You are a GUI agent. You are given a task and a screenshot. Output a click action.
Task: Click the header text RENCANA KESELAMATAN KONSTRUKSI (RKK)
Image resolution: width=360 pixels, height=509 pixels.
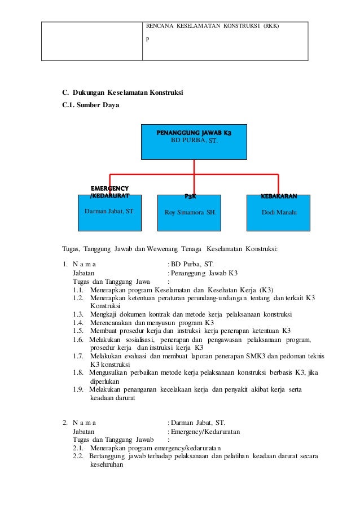click(213, 27)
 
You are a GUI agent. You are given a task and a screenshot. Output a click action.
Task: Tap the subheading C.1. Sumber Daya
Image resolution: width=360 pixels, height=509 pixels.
click(91, 105)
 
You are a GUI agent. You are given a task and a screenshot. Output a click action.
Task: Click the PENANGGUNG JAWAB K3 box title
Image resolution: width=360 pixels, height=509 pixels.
click(194, 132)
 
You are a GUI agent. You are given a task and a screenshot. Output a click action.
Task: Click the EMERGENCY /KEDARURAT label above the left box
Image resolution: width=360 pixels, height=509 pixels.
click(109, 192)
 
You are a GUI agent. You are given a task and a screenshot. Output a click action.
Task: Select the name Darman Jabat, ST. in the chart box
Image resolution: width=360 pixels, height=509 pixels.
click(109, 212)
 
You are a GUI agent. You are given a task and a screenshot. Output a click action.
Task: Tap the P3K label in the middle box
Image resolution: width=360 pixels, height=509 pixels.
click(190, 196)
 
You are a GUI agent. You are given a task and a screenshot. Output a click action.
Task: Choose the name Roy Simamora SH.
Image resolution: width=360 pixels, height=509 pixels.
click(190, 213)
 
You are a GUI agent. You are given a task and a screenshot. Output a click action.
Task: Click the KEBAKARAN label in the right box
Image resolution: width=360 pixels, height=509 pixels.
click(279, 196)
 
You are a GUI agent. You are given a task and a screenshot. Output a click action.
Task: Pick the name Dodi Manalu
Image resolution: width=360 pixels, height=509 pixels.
click(279, 213)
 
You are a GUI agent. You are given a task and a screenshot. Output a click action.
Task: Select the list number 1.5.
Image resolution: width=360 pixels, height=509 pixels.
click(78, 330)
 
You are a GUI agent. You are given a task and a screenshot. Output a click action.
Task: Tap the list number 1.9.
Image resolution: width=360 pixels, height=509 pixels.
click(78, 390)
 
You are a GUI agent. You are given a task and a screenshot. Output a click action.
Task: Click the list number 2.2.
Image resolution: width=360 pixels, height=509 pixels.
click(78, 457)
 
